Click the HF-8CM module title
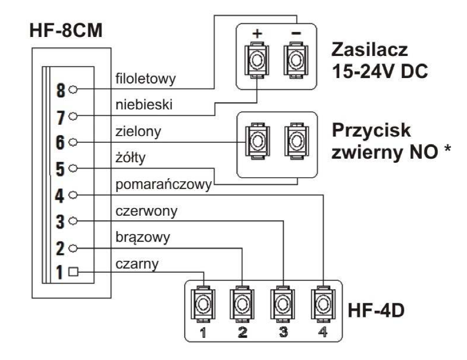coord(66,32)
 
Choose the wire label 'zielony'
coord(137,132)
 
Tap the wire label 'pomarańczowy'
coord(162,185)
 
